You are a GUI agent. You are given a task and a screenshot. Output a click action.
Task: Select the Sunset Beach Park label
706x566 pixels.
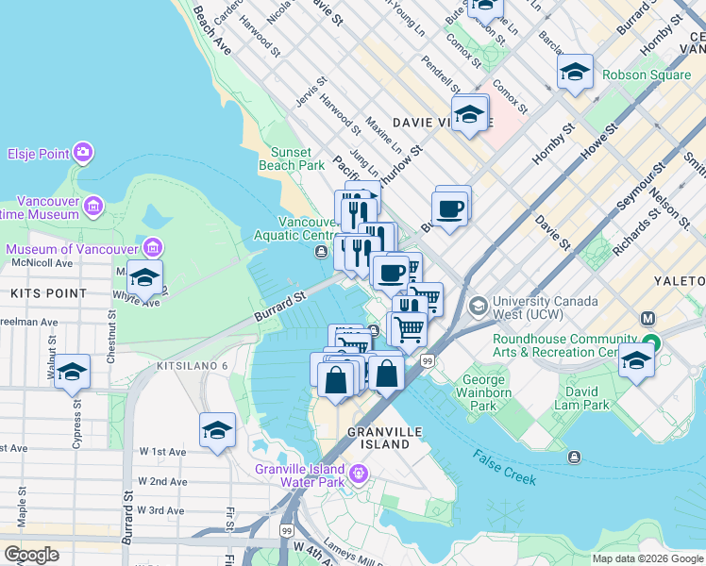coord(297,158)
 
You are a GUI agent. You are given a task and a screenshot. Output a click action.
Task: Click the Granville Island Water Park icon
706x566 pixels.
coord(358,472)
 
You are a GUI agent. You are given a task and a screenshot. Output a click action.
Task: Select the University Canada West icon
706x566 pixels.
coord(479,306)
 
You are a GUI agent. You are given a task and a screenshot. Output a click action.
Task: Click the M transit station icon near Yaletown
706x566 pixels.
coord(648,320)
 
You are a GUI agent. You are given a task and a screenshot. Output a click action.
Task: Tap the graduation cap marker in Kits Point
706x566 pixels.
coord(144,278)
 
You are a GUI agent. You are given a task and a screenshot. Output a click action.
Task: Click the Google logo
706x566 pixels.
coord(31,555)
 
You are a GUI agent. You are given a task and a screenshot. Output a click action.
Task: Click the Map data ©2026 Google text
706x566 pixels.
coord(647,558)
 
